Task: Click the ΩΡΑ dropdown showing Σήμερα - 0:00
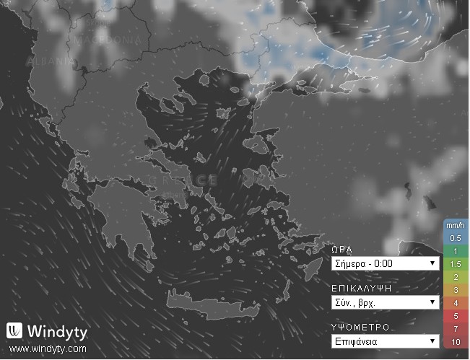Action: coord(385,263)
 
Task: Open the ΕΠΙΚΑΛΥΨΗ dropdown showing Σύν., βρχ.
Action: coord(385,302)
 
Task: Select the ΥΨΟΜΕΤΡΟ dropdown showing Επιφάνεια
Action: coord(385,341)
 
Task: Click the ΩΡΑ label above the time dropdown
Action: coord(342,249)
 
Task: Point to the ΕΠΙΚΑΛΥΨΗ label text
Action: coord(361,288)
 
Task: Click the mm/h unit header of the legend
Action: coord(456,224)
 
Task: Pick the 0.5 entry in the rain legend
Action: coord(456,237)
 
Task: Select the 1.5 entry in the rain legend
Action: coord(456,263)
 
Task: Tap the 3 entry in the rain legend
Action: coord(456,289)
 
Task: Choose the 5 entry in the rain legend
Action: coord(456,315)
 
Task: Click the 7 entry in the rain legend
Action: coord(456,328)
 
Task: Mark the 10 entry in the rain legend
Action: coord(456,341)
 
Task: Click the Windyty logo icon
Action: coord(14,331)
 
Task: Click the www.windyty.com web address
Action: coord(48,349)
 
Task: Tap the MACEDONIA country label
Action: coord(108,38)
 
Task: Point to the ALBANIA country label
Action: coord(50,62)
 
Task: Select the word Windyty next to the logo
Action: coord(57,332)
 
